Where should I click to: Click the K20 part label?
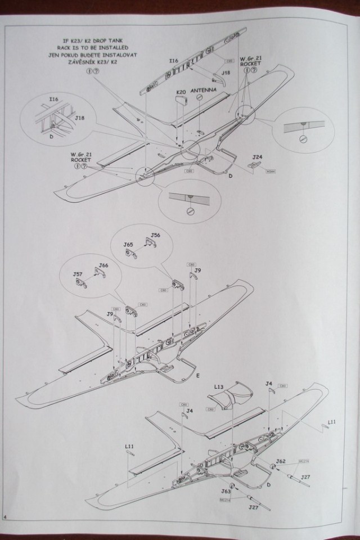click(x=181, y=91)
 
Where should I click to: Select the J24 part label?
click(x=258, y=157)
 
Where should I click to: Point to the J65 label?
click(x=128, y=245)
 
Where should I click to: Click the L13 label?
click(x=220, y=387)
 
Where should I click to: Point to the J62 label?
click(x=281, y=461)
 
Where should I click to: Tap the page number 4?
click(x=5, y=533)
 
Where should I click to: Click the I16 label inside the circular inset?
click(x=53, y=99)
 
